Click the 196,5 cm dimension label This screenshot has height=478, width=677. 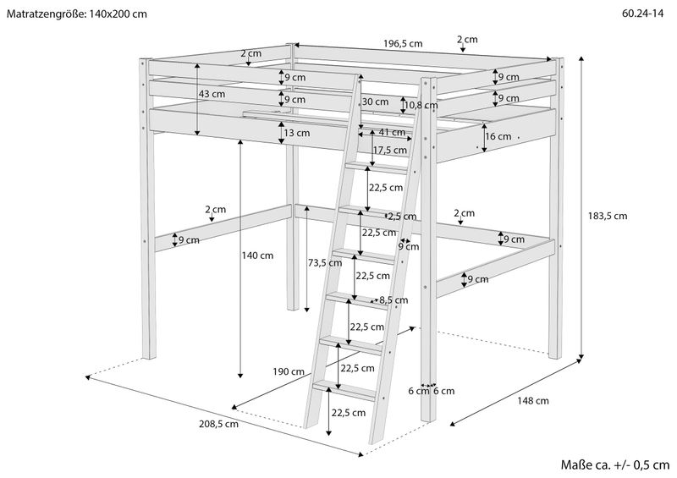point(403,44)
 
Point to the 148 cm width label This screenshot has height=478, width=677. point(531,401)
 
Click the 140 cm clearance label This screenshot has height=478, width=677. point(257,255)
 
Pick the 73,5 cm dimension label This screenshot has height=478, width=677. point(321,263)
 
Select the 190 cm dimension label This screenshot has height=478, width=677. point(289,371)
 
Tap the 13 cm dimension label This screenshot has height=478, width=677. point(297,133)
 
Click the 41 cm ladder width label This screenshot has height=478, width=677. point(392,132)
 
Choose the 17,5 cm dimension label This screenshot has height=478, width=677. point(389,150)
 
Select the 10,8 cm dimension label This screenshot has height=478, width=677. point(421,106)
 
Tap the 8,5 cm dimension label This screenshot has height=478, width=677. point(394,299)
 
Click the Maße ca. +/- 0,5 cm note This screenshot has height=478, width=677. point(614,464)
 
